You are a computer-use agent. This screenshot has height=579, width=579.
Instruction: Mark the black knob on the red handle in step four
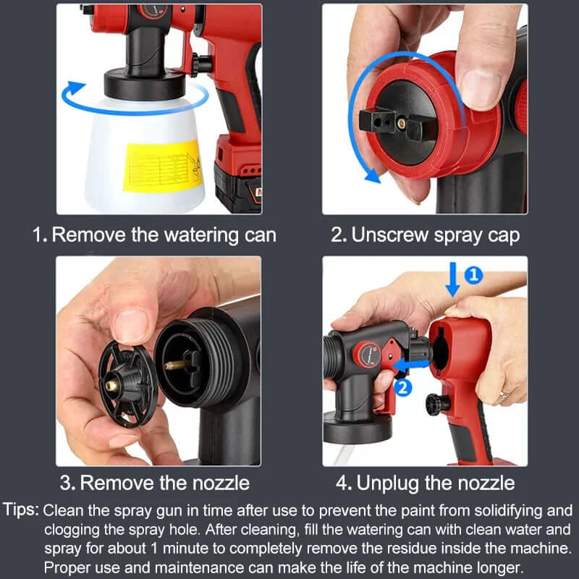438,402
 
